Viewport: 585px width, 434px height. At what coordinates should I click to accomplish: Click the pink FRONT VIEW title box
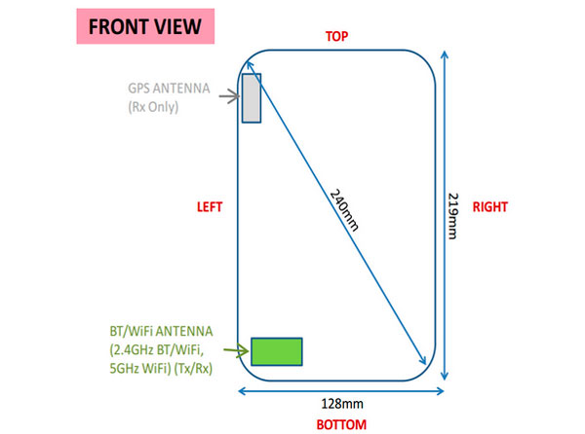coord(145,26)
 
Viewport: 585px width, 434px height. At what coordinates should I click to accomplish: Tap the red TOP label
coord(337,36)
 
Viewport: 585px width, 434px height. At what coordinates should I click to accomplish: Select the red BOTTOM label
coord(341,424)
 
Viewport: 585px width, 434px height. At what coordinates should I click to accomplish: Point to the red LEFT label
coord(210,207)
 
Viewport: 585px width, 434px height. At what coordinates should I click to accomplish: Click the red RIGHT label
coord(490,207)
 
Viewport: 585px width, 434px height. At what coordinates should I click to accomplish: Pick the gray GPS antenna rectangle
coord(252,98)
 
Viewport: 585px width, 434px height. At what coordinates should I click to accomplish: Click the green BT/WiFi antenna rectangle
coord(277,351)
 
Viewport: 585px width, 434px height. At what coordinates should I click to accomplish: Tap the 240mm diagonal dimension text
coord(344,210)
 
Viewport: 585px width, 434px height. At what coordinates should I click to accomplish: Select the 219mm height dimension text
coord(453,216)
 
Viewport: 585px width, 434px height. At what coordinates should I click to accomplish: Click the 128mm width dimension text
coord(342,404)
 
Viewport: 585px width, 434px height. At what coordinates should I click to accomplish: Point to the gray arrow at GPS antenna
coord(229,96)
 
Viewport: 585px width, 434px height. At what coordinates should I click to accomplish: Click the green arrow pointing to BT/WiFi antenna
coord(236,350)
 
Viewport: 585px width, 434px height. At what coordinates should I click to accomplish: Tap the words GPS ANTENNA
coord(169,89)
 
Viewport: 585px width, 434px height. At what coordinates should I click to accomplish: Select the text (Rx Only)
coord(153,107)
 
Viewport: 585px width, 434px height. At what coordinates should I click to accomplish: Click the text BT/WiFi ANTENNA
coord(161,331)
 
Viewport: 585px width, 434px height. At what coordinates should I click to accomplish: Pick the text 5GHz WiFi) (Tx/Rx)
coord(161,369)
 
